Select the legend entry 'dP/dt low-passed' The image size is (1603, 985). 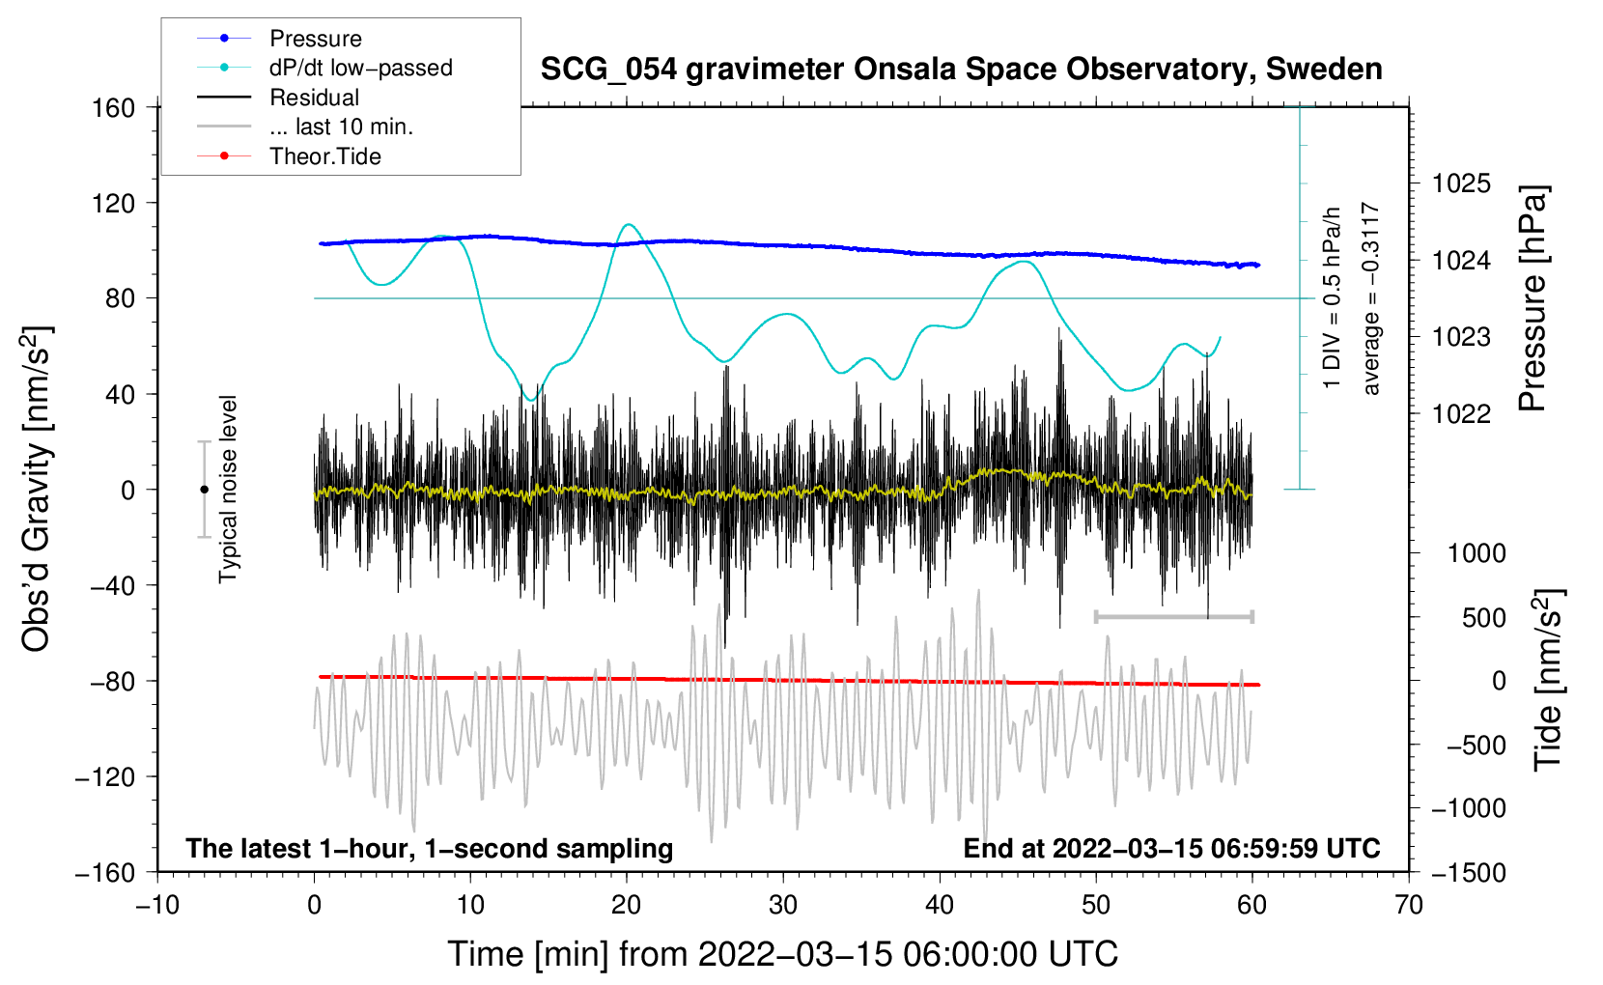360,68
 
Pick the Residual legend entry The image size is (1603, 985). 314,98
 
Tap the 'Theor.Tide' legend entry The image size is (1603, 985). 324,156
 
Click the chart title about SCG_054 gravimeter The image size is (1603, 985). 961,70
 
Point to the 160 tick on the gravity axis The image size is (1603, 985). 114,108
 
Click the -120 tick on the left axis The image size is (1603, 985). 105,776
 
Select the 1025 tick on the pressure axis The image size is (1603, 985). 1461,183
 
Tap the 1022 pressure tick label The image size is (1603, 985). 1461,414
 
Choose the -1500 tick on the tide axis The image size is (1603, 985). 1468,872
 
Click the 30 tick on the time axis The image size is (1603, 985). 783,905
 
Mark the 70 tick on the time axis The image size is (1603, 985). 1409,905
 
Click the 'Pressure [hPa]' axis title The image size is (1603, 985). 1533,299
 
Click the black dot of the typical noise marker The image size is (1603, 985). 204,490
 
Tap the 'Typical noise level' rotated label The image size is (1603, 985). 228,490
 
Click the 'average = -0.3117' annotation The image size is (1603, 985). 1371,299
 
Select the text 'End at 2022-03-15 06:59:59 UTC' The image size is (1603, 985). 1171,849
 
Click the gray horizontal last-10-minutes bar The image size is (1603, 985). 1173,616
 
